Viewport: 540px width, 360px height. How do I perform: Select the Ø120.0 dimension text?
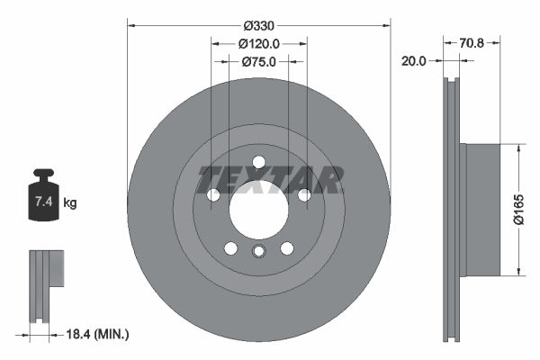[259, 43]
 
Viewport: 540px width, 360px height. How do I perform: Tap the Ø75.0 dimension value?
[259, 61]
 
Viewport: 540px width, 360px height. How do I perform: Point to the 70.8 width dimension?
[472, 40]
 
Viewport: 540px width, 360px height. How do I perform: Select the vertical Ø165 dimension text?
[518, 209]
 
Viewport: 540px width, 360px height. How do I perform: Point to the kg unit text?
[70, 203]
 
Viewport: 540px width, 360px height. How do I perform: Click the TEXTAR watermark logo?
[270, 180]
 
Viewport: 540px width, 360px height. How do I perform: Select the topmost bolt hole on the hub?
[258, 162]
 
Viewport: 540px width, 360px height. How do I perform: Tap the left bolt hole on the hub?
[213, 195]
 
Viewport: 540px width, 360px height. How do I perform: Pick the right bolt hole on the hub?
[304, 195]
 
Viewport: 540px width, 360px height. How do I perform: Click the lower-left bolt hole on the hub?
[230, 248]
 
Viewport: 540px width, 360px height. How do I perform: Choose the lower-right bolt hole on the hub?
[287, 248]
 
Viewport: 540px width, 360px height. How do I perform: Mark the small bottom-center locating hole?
[258, 252]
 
